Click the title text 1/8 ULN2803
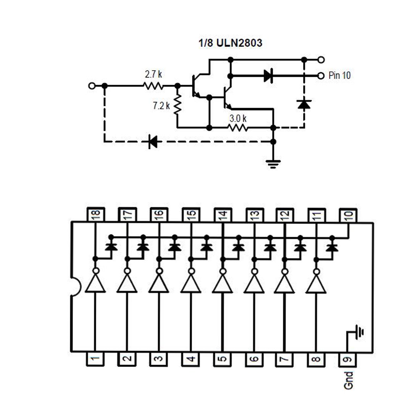point(230,43)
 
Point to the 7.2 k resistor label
point(161,106)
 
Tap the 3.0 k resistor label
point(238,119)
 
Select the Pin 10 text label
point(339,76)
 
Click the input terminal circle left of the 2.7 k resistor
point(91,86)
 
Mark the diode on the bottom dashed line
point(153,142)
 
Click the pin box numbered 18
point(95,214)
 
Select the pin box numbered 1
point(95,359)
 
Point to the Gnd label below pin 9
point(348,380)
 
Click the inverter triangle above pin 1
point(95,284)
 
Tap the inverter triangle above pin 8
point(316,284)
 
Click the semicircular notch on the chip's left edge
point(75,286)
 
